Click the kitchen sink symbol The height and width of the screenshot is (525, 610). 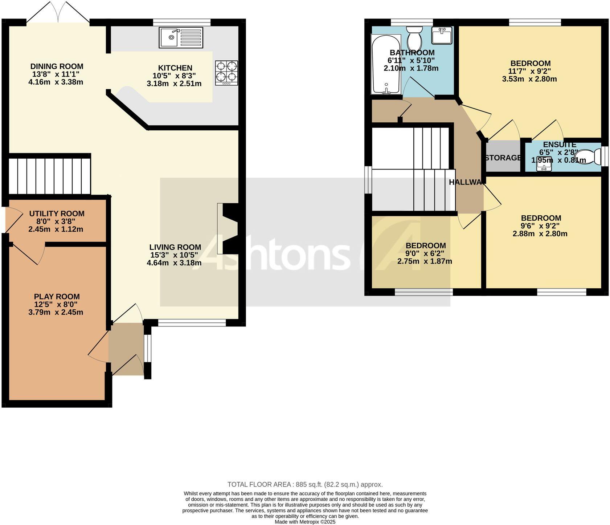[x=181, y=37]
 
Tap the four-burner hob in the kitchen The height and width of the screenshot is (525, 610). [x=226, y=73]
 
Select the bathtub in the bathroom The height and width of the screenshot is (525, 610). [x=386, y=64]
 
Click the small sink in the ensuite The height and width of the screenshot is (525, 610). [x=544, y=163]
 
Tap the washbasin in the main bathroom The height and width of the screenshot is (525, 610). [x=442, y=36]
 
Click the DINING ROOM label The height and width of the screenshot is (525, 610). [x=57, y=66]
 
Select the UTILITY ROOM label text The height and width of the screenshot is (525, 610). [x=57, y=213]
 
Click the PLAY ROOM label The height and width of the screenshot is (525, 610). [x=57, y=297]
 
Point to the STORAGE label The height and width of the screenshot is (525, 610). [x=503, y=158]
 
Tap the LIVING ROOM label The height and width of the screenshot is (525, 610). [x=175, y=247]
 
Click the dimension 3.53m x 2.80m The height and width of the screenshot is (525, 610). [x=529, y=79]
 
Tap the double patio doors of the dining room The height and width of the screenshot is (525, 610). [x=58, y=14]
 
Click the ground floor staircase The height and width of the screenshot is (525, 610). [x=49, y=176]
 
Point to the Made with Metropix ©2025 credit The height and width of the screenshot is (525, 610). [x=305, y=522]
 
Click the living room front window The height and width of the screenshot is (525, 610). [x=192, y=323]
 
